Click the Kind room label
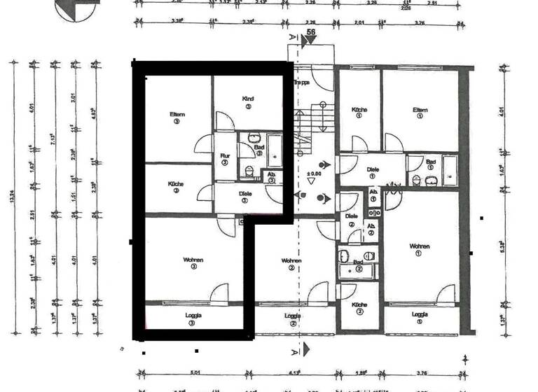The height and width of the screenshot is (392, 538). (247, 98)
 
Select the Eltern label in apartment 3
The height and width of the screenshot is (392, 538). (177, 115)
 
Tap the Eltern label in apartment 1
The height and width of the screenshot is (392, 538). (420, 109)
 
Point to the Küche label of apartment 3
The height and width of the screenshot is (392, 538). (176, 184)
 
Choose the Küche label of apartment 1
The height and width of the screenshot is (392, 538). (359, 109)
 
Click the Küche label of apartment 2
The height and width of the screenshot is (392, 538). (359, 304)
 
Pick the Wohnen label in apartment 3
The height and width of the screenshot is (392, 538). (193, 260)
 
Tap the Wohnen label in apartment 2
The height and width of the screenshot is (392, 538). (292, 260)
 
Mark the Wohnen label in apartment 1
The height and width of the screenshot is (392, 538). (420, 246)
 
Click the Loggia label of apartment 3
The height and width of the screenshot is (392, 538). (194, 316)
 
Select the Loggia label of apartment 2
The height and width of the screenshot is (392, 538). (293, 316)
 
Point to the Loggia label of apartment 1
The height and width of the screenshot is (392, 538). (420, 314)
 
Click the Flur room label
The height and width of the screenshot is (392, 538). (225, 156)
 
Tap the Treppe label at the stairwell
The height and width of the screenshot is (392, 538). (302, 82)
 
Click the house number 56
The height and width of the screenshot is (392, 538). (309, 31)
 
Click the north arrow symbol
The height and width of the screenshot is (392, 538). (76, 8)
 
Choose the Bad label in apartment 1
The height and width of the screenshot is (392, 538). (430, 162)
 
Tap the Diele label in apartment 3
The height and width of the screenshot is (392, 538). (244, 194)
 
